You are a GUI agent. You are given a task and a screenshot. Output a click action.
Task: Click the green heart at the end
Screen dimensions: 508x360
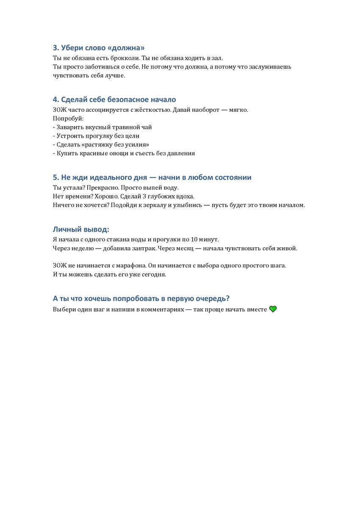click(x=273, y=309)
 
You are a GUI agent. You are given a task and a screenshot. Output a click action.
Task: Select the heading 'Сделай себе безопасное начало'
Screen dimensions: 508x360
click(x=114, y=99)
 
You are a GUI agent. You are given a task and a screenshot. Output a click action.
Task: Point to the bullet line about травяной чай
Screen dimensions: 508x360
click(x=102, y=127)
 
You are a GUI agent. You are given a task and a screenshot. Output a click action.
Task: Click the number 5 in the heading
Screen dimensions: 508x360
click(x=55, y=177)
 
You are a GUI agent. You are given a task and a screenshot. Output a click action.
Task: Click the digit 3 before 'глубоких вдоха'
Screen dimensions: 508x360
click(x=142, y=196)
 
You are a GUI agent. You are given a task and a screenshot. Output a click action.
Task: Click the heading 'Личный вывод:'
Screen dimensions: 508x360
click(x=81, y=229)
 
